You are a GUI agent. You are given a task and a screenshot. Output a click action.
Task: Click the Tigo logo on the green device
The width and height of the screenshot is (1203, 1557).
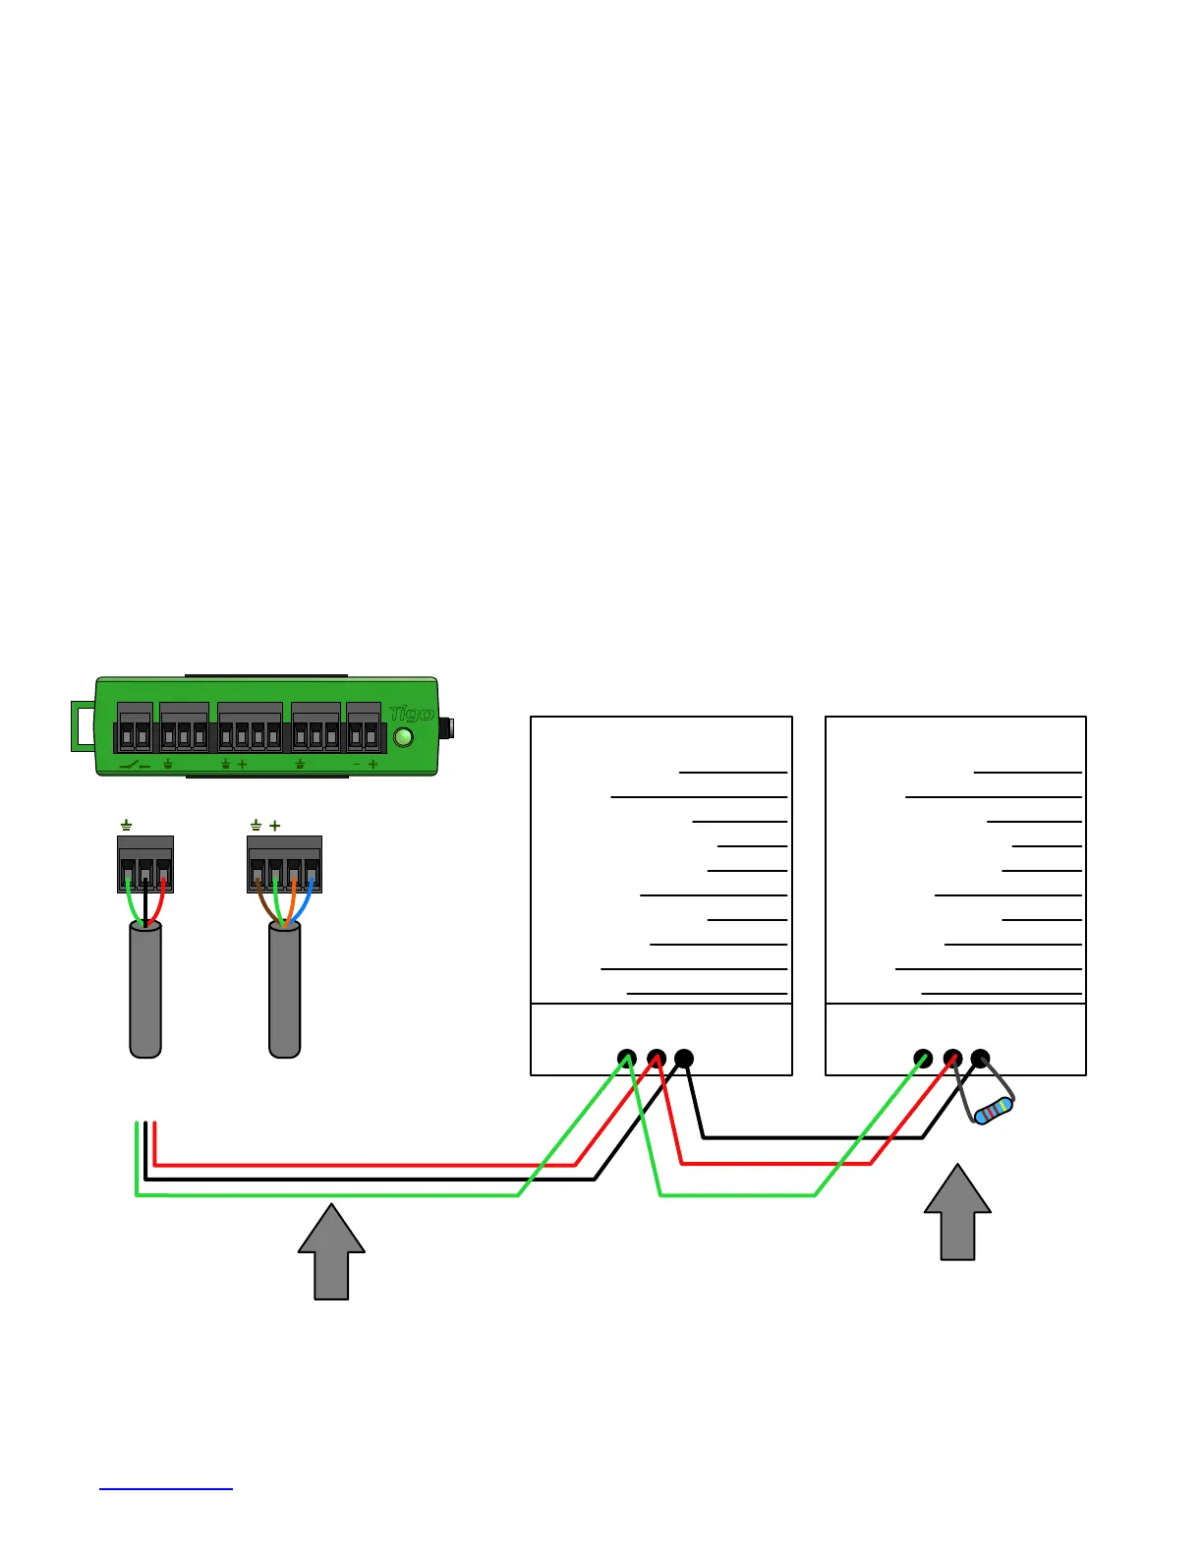pos(411,715)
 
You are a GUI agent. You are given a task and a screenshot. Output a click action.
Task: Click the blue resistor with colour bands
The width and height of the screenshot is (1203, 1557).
pos(993,1111)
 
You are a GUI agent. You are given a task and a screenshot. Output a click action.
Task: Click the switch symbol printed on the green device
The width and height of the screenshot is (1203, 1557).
pos(134,765)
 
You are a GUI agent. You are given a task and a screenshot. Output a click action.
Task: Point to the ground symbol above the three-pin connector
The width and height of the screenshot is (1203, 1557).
pos(126,826)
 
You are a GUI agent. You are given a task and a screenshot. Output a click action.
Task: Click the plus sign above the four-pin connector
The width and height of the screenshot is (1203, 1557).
pos(275,826)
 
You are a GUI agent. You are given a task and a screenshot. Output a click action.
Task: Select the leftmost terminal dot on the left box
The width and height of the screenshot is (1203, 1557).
pos(626,1059)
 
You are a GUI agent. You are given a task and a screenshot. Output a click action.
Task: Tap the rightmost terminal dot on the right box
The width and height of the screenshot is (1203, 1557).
pos(980,1059)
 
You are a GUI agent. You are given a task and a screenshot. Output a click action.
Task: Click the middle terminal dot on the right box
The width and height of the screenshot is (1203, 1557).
pos(951,1059)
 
